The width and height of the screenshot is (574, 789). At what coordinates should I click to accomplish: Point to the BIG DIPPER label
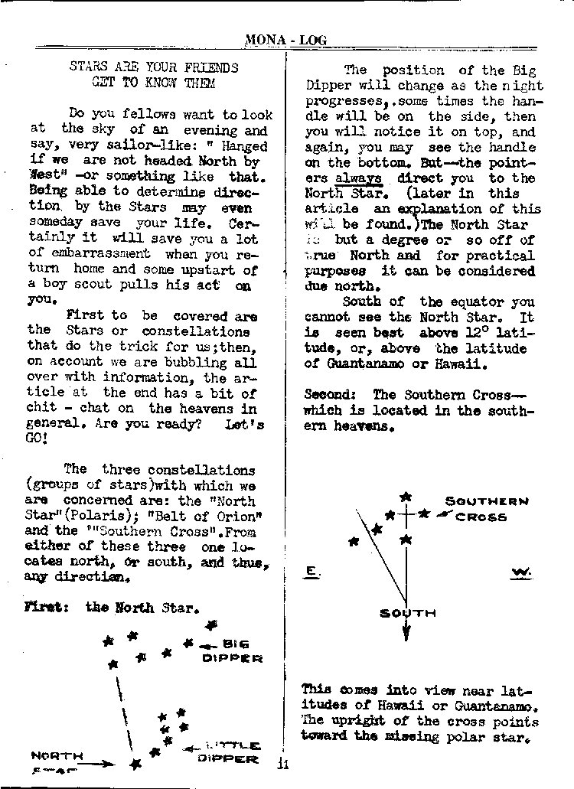point(232,650)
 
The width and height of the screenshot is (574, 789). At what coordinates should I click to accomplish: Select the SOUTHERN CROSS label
point(487,509)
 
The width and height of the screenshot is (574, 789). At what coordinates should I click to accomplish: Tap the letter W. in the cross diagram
point(521,572)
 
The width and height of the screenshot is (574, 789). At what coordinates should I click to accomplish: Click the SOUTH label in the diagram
point(408,612)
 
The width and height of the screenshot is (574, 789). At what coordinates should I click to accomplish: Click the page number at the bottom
point(283,762)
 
